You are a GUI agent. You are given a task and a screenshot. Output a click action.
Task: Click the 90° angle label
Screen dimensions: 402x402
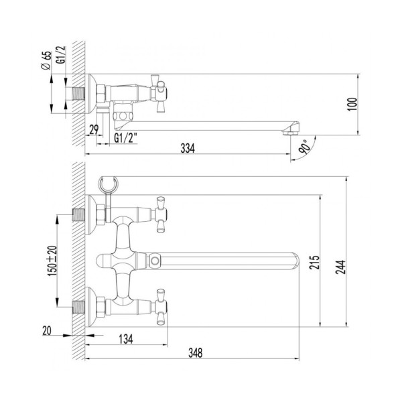(306, 147)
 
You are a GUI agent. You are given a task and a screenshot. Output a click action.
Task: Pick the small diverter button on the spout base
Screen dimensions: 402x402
(155, 259)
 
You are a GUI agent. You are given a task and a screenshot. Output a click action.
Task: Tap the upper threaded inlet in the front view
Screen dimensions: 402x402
(79, 216)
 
